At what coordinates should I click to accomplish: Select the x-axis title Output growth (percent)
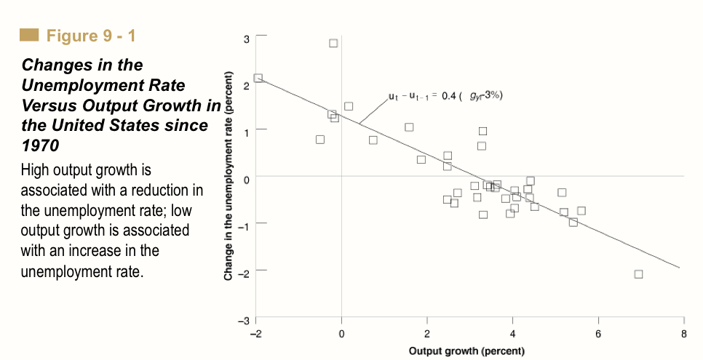click(x=466, y=351)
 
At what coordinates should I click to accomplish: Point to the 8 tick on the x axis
click(x=683, y=334)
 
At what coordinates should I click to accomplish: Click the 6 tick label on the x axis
click(x=598, y=334)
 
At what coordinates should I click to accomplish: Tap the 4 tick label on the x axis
click(x=512, y=334)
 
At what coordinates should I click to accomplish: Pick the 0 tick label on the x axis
click(x=341, y=334)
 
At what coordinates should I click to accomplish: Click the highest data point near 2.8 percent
click(x=333, y=43)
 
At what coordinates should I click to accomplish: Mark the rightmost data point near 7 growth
click(x=638, y=274)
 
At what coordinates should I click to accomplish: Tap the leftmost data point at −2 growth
click(x=258, y=78)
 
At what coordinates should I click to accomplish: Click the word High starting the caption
click(x=35, y=171)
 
